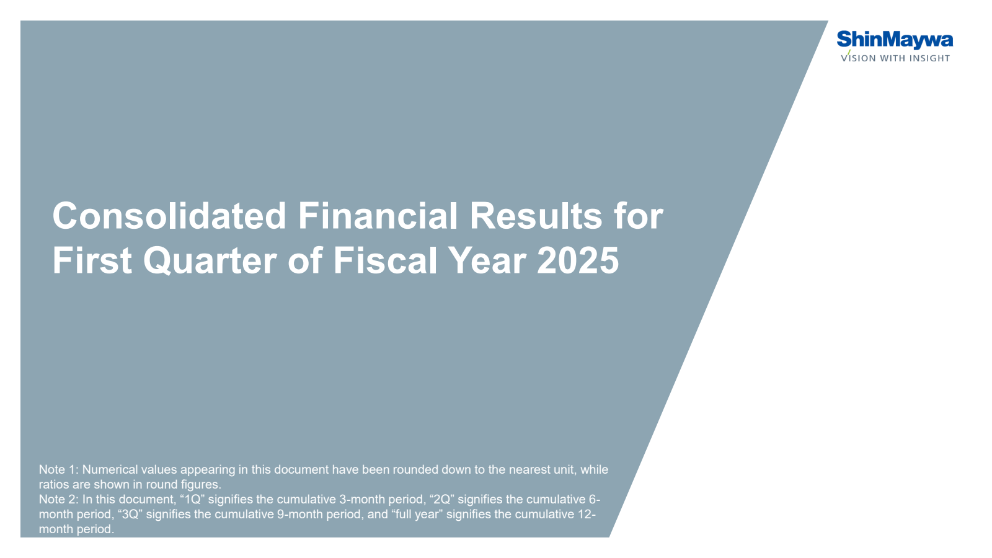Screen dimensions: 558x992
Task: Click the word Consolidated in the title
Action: [x=169, y=216]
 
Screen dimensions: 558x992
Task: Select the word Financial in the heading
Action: [x=378, y=216]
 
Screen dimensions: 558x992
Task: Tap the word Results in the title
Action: [x=536, y=216]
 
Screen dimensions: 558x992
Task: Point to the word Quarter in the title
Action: [x=210, y=261]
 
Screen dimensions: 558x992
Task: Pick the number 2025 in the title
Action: [x=578, y=261]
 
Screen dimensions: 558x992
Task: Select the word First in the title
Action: [x=92, y=261]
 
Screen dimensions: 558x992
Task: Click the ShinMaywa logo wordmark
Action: [x=895, y=40]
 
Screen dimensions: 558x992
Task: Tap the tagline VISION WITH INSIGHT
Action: [x=895, y=58]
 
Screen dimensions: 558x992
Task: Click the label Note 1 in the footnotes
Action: [x=58, y=470]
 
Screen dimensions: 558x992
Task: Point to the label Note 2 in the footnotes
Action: [x=58, y=500]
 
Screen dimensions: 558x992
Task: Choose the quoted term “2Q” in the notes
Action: [x=441, y=500]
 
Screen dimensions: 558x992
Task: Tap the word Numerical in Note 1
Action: [x=110, y=470]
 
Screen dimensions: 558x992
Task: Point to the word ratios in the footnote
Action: [x=52, y=485]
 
